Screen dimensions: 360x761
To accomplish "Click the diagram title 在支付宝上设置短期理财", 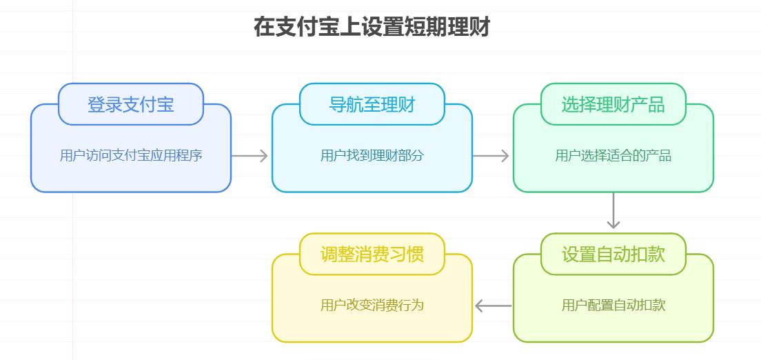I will click(x=372, y=28).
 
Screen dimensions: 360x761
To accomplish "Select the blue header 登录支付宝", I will click(x=131, y=104).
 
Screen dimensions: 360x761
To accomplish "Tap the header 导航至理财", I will click(x=372, y=104).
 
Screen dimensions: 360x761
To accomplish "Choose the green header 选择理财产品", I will click(x=613, y=104).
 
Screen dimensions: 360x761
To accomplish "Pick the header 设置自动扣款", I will click(x=613, y=254).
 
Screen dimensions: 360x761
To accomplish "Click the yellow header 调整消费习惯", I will click(x=372, y=254).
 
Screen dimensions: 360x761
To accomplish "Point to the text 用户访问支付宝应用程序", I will click(x=131, y=156).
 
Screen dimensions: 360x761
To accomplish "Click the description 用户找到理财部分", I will click(x=372, y=156).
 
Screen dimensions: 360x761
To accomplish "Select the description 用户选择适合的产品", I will click(x=613, y=156).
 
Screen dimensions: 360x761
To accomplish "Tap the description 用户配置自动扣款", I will click(x=613, y=306).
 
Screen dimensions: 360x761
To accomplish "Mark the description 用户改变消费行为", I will click(x=372, y=306).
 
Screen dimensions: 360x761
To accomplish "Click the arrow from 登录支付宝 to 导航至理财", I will click(x=250, y=156).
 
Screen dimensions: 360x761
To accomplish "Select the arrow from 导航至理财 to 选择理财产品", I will click(x=491, y=156).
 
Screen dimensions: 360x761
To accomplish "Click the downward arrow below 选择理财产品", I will click(x=613, y=211).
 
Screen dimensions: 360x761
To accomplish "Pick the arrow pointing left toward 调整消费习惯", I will click(x=493, y=306).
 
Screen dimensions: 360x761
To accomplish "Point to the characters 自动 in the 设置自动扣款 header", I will click(x=613, y=254).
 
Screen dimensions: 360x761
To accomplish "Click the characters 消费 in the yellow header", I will click(x=372, y=254).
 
